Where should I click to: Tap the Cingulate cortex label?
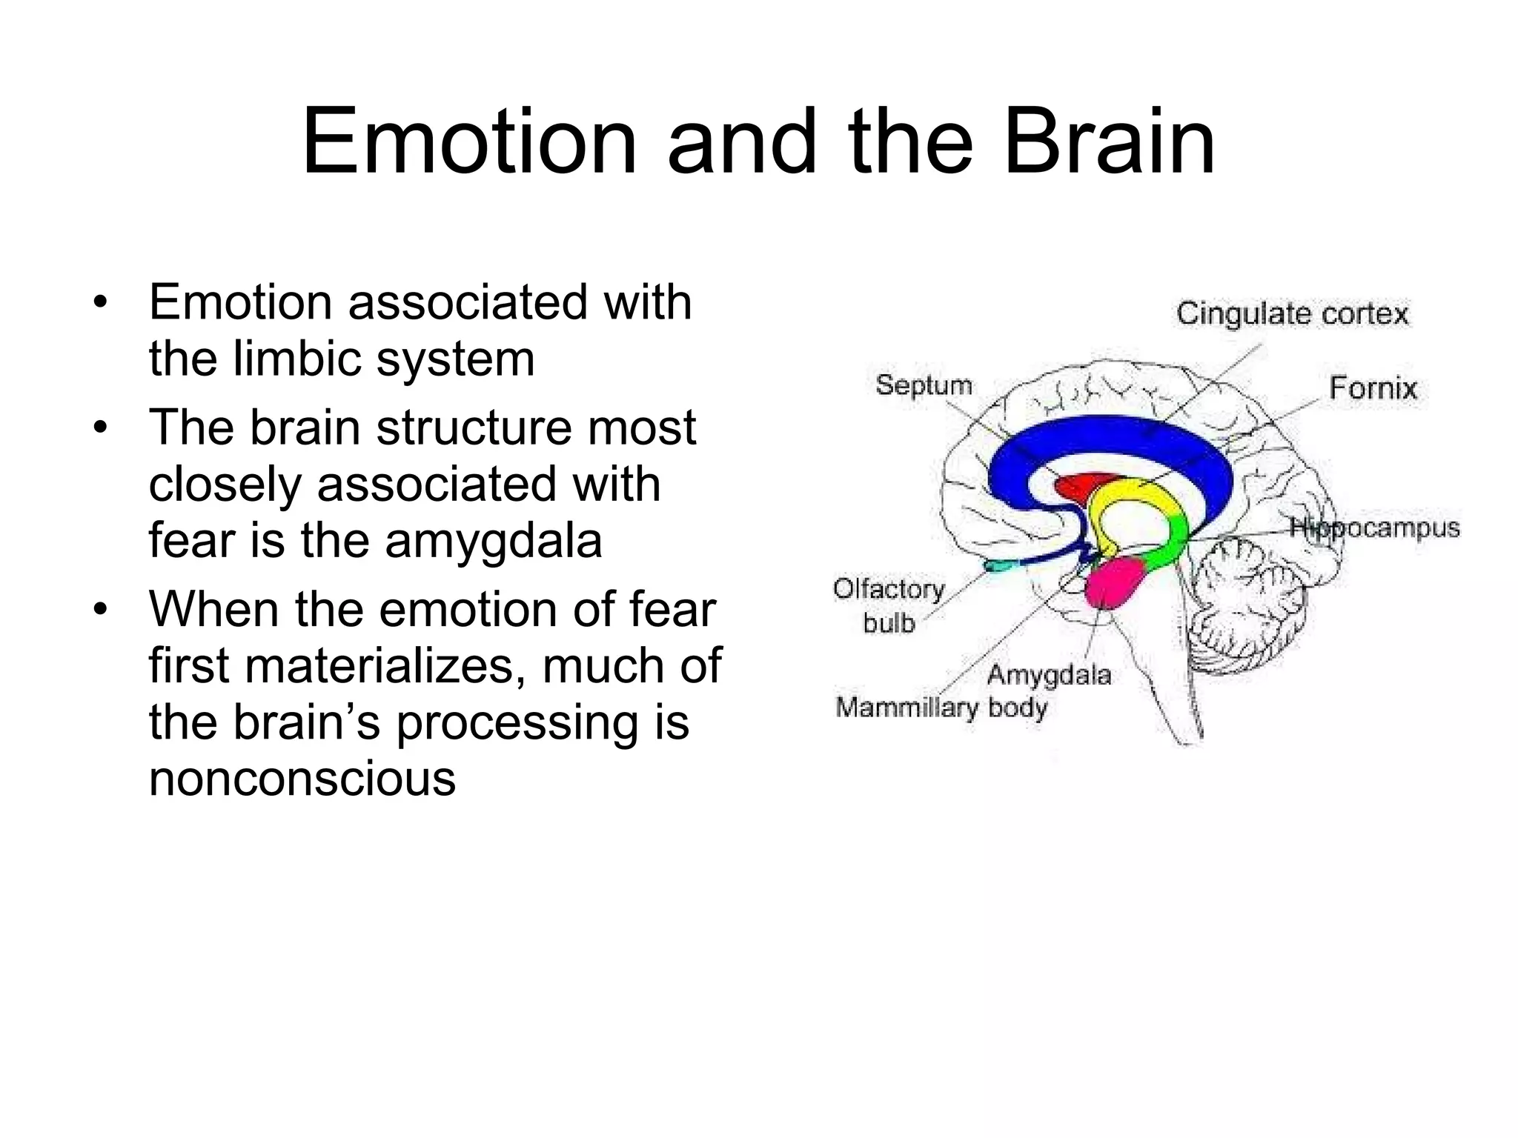click(1292, 314)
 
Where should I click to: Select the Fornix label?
click(1372, 388)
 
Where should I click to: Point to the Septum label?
click(924, 385)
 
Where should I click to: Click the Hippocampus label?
click(1374, 528)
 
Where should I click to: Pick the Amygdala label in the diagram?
click(1049, 675)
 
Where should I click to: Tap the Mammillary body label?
click(941, 708)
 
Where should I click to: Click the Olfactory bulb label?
click(889, 606)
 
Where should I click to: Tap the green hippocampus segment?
click(1170, 541)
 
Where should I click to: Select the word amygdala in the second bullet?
click(493, 540)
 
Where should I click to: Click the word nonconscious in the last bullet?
click(302, 779)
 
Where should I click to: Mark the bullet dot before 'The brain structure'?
click(102, 428)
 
